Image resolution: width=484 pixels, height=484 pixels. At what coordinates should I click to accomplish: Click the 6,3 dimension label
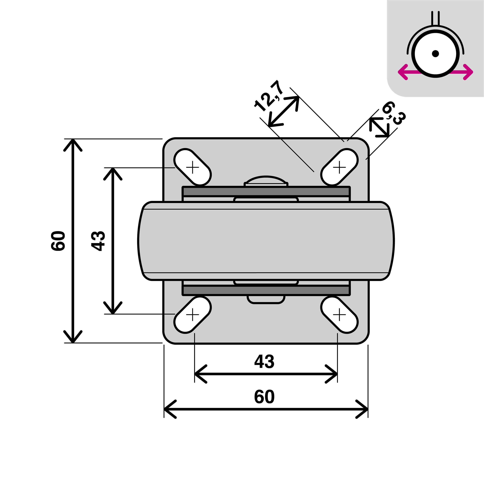click(x=393, y=113)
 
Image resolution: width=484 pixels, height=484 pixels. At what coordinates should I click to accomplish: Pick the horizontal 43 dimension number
click(x=264, y=362)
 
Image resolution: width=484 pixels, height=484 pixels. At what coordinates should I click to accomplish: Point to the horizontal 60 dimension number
click(x=264, y=397)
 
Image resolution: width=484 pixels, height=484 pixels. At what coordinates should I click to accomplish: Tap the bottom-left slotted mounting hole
click(x=192, y=315)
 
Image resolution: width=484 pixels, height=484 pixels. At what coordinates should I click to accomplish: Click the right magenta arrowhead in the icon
click(x=469, y=72)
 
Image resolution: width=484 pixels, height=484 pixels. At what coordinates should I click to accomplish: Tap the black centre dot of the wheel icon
click(x=435, y=53)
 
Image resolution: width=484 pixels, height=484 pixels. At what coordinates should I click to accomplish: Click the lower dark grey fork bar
click(x=266, y=290)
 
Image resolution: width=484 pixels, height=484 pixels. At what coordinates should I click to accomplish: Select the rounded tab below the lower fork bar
click(x=266, y=299)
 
